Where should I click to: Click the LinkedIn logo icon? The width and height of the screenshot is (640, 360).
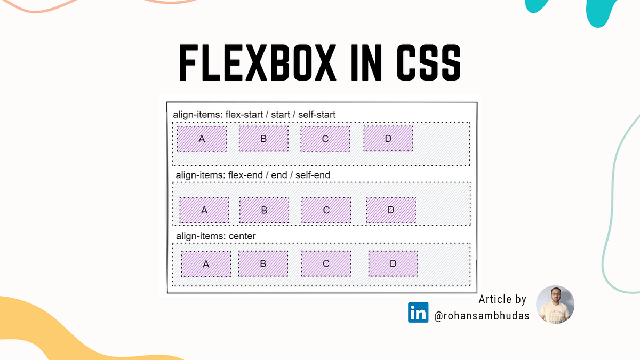coord(418,313)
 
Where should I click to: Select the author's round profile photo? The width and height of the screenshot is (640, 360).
coord(555,305)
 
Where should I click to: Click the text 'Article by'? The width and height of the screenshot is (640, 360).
coord(502,299)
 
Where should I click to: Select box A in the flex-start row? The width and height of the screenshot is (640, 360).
coord(202,139)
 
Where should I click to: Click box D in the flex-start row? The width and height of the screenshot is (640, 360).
coord(388,139)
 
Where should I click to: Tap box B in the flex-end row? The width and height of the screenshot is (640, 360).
coord(264,210)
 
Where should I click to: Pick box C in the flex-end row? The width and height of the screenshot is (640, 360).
coord(326,210)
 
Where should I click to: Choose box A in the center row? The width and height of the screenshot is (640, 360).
coord(206,264)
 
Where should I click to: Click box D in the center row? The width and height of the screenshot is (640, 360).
coord(393,263)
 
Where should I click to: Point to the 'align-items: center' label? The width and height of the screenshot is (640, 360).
coord(216,236)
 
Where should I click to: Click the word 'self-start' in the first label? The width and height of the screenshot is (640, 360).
coord(317,115)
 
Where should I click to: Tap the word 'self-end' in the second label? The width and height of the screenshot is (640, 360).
coord(313,175)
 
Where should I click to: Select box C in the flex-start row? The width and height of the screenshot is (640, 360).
coord(325,139)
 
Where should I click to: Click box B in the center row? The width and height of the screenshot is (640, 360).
coord(263,263)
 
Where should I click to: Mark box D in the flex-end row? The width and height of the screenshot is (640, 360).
coord(391,210)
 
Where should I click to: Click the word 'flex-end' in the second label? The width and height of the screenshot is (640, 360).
coord(245,175)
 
